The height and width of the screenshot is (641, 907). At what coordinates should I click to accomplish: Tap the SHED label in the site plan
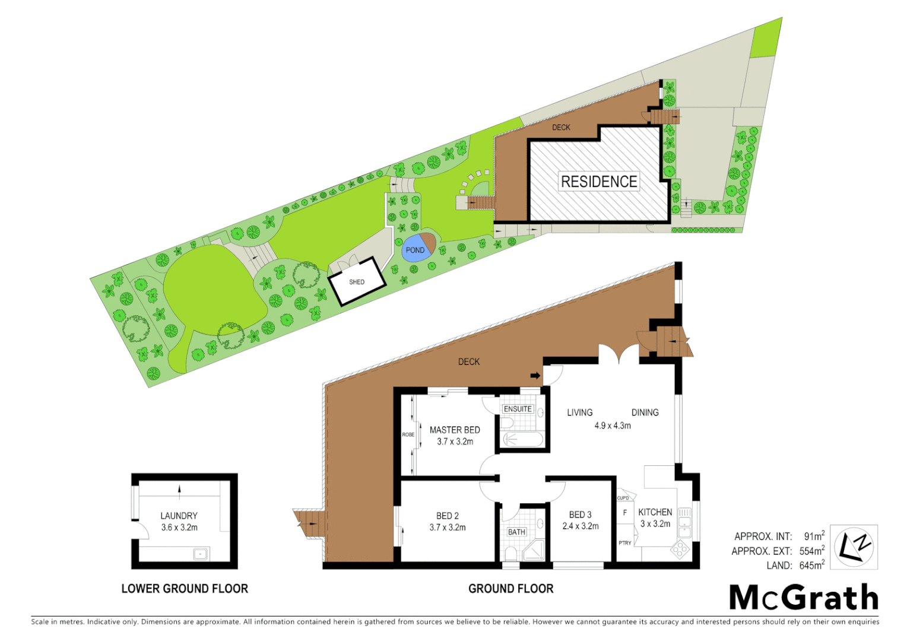[x=357, y=282]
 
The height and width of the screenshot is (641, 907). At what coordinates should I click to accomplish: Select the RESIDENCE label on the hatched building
[x=599, y=182]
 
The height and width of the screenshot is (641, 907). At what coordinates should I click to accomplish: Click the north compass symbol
[x=854, y=547]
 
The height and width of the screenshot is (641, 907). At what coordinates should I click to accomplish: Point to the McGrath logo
[x=804, y=597]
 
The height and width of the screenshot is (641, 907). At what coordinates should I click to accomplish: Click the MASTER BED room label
[x=455, y=430]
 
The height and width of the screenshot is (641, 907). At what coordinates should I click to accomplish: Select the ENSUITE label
[x=518, y=409]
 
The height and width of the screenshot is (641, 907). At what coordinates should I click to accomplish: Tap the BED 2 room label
[x=448, y=516]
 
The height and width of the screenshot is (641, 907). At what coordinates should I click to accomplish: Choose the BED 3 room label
[x=580, y=515]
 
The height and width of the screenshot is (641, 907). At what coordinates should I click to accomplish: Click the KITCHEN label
[x=655, y=512]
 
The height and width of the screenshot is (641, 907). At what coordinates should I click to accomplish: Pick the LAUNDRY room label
[x=179, y=516]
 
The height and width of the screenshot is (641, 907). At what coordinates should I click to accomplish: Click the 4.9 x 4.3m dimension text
[x=613, y=426]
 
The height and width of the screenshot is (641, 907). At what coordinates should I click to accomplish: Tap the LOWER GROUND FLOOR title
[x=185, y=589]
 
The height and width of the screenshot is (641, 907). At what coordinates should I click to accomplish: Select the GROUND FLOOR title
[x=511, y=589]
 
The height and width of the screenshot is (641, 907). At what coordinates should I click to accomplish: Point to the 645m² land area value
[x=811, y=566]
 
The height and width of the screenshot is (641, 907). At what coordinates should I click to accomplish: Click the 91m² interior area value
[x=814, y=537]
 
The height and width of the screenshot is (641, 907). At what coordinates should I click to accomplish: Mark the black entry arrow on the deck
[x=535, y=376]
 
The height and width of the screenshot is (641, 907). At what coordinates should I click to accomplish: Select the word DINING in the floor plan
[x=645, y=412]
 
